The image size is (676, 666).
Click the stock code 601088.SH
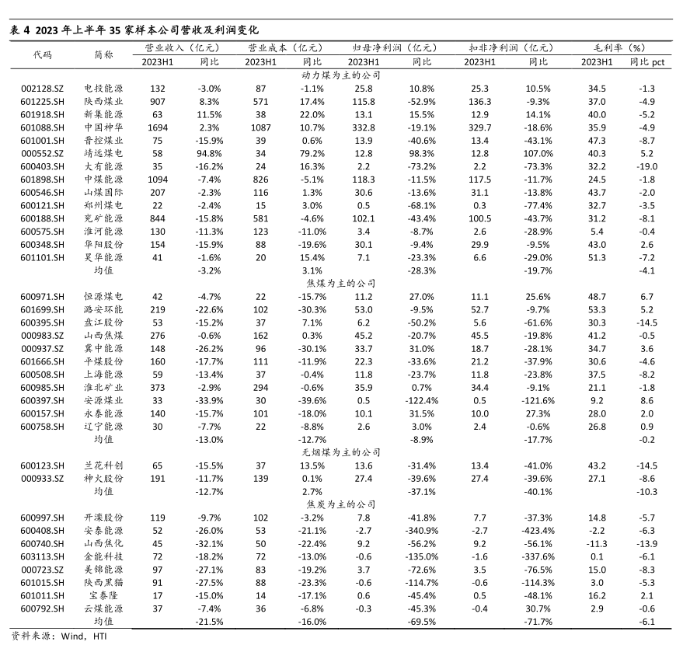tap(42, 128)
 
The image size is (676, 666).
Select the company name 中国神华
tap(103, 128)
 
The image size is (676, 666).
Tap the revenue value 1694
tap(158, 128)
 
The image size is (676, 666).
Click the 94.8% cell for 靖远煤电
tap(210, 155)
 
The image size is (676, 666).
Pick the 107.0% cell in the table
tap(538, 155)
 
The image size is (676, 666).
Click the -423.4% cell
tap(538, 530)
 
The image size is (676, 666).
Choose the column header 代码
tap(42, 55)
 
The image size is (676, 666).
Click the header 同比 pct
tap(646, 61)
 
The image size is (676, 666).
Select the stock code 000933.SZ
tap(42, 479)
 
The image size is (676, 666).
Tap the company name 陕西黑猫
tap(103, 582)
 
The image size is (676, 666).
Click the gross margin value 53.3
tap(597, 309)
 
